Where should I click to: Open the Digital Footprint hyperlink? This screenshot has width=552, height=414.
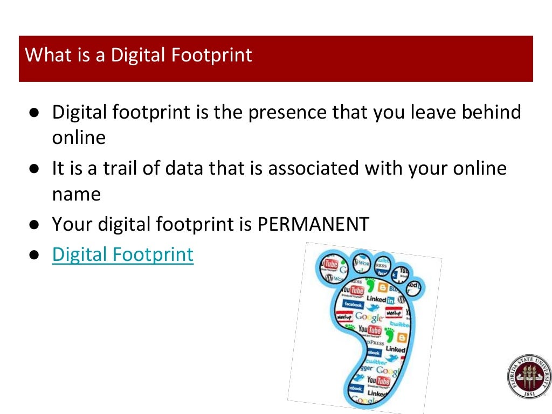pos(122,254)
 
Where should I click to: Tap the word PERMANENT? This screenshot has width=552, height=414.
pos(313,224)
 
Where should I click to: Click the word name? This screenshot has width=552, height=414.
pos(76,194)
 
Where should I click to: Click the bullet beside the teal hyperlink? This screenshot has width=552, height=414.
pos(33,255)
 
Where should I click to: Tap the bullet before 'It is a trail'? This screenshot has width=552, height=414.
pos(33,169)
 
